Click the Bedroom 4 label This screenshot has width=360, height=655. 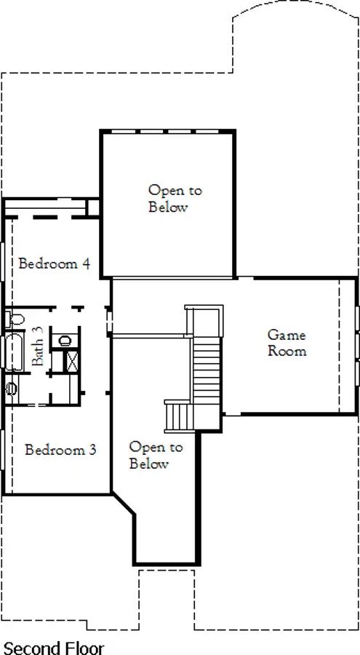[x=55, y=264]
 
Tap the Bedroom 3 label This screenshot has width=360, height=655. [x=60, y=450]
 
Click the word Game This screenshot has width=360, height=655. [x=287, y=336]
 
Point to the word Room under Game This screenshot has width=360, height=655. [x=287, y=351]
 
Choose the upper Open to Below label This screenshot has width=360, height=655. [x=169, y=199]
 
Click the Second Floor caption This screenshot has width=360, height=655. [x=54, y=648]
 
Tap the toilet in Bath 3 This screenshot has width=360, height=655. [x=15, y=319]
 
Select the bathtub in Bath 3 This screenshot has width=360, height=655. [x=14, y=352]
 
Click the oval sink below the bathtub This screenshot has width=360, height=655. [x=12, y=389]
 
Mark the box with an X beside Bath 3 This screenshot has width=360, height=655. [x=72, y=362]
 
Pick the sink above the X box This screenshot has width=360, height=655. [x=65, y=341]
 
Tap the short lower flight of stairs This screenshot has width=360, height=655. [x=179, y=416]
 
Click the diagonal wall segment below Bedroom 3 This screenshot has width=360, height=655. [x=124, y=504]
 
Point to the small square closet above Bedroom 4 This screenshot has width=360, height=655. [x=93, y=207]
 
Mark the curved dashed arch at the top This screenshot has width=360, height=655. [x=295, y=10]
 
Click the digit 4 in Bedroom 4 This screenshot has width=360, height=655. [x=86, y=264]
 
